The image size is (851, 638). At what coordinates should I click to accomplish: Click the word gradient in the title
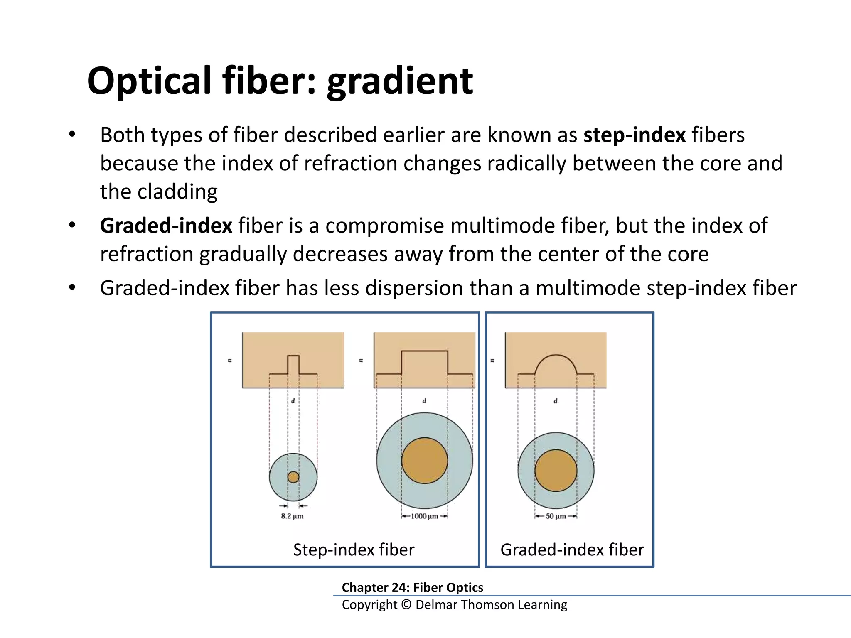(400, 81)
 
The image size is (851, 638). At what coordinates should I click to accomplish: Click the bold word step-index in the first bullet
(634, 135)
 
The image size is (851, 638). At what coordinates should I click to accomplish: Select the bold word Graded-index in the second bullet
(166, 226)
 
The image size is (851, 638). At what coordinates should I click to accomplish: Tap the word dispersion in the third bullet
(414, 288)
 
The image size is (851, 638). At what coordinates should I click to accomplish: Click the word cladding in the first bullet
(177, 192)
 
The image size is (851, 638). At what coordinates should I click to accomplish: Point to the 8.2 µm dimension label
(292, 516)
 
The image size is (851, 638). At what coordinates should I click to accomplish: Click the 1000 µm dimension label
(424, 516)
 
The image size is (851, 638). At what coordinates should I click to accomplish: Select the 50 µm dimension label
(556, 516)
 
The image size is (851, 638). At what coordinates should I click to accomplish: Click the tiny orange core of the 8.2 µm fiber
(293, 477)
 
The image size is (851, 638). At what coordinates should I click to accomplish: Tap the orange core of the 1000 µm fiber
(424, 461)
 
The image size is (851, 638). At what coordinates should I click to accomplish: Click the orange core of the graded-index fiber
(556, 471)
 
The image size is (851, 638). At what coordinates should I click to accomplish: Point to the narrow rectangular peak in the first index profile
(293, 364)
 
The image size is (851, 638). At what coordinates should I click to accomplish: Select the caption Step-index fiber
(354, 550)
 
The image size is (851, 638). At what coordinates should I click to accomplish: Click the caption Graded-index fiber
(572, 550)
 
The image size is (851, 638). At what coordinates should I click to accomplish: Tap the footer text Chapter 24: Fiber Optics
(412, 587)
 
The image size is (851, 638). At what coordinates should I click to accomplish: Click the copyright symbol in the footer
(406, 605)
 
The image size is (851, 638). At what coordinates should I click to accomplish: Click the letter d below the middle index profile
(424, 401)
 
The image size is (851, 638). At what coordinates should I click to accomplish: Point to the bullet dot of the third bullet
(72, 287)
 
